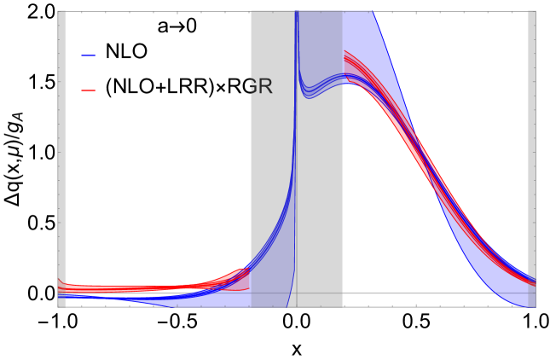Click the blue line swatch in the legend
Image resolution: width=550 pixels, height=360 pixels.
[89, 55]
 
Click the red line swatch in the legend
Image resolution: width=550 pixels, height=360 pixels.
[89, 90]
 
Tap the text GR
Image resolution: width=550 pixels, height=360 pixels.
[258, 87]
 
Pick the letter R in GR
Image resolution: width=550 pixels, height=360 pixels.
[265, 87]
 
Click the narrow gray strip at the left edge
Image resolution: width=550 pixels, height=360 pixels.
[61, 154]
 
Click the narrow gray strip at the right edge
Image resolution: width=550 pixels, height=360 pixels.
[532, 154]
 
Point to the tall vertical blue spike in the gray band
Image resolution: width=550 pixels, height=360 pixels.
[296, 128]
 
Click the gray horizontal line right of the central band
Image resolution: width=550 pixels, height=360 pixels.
[426, 293]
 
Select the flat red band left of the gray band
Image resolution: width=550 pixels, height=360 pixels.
[136, 288]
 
